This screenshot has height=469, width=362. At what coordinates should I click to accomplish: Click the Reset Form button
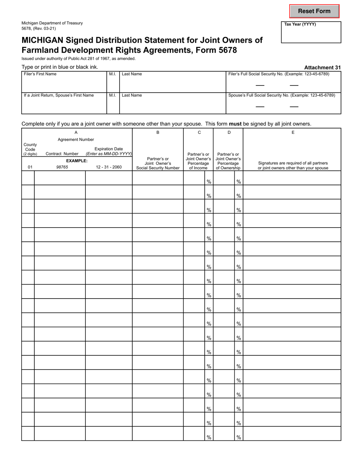coord(314,11)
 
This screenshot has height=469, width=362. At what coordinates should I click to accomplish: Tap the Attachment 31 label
coord(322,67)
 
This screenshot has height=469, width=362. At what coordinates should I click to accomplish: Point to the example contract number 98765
coord(62,167)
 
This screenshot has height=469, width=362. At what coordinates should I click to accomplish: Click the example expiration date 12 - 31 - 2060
coord(109,167)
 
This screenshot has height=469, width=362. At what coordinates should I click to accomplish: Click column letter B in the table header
coord(158,132)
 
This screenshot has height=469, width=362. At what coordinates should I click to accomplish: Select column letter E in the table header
coord(292,132)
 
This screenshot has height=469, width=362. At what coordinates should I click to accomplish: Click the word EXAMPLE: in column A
coord(77,161)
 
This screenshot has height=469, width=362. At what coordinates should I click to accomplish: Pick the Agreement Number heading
coord(75,140)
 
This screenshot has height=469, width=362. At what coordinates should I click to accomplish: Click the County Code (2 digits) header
coord(30,149)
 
